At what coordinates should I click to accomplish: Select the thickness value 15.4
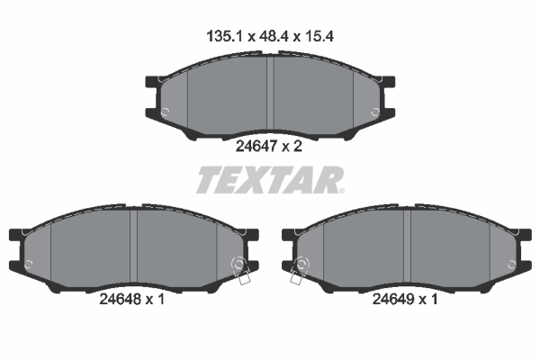(x=319, y=36)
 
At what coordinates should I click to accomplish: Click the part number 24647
(x=256, y=147)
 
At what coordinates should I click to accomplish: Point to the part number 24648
(x=120, y=299)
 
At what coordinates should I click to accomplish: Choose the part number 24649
(x=393, y=299)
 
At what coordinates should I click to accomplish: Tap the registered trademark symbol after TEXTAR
(x=341, y=191)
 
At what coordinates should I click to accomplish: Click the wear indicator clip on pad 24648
(x=240, y=270)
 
